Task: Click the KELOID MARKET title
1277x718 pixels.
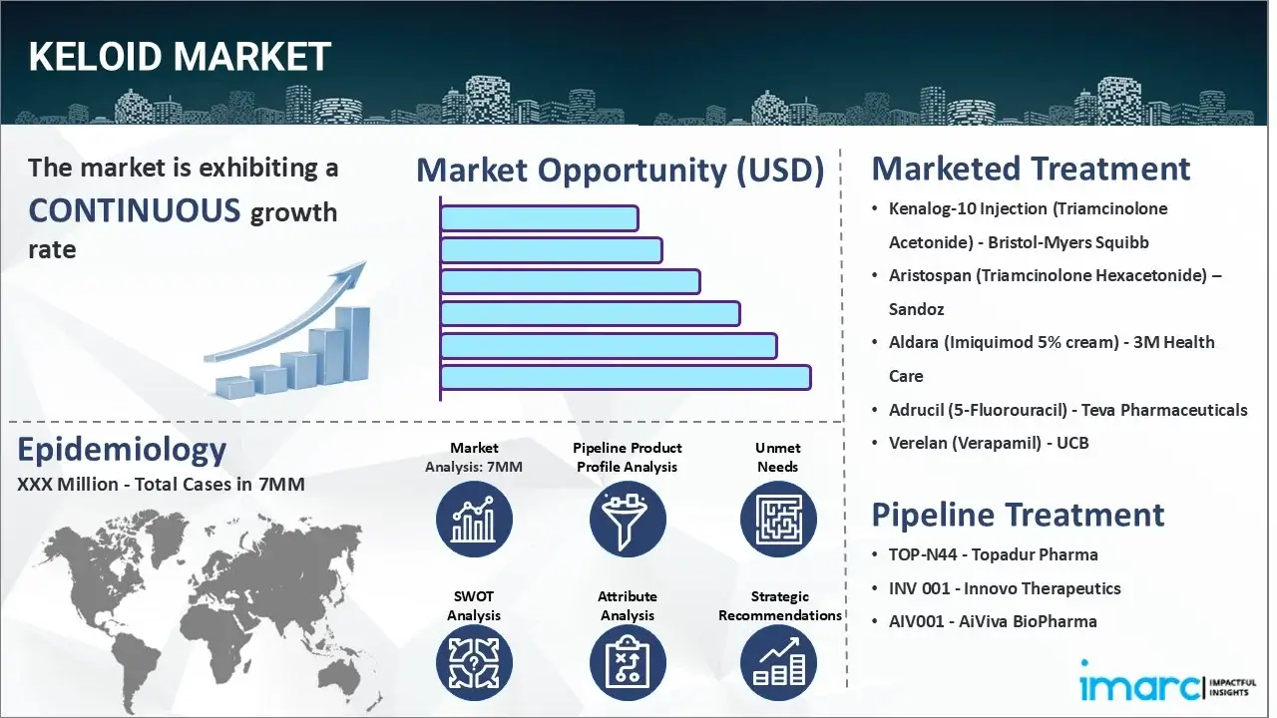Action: pos(180,57)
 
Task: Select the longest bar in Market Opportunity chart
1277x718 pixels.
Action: pos(625,377)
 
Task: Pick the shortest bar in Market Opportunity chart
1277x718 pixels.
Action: pos(539,217)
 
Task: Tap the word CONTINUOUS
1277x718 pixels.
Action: pos(135,210)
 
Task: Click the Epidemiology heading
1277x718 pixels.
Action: pos(122,451)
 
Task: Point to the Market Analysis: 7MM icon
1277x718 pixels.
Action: pos(474,520)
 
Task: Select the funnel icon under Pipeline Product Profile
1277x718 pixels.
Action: pos(627,520)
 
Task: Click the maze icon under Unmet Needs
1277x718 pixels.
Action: pos(777,520)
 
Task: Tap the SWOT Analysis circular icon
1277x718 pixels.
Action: pos(474,663)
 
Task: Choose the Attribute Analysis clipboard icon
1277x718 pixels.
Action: pos(627,663)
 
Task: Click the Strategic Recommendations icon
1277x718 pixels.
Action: pos(777,663)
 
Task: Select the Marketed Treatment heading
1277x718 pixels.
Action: pos(1031,169)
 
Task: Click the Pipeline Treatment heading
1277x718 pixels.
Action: pos(1018,515)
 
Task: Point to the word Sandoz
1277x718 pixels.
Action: pos(916,309)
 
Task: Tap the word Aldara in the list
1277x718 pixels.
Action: pos(913,342)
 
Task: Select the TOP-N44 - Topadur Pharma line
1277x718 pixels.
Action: pos(993,554)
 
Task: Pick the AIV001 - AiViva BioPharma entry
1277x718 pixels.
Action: pos(993,621)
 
